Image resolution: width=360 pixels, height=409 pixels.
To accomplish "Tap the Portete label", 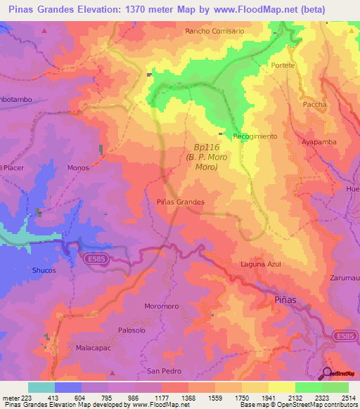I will (x=283, y=65).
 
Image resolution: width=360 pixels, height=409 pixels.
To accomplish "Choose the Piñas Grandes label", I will (x=180, y=202).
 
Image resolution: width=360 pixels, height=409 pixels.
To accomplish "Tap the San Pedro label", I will (x=164, y=370).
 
